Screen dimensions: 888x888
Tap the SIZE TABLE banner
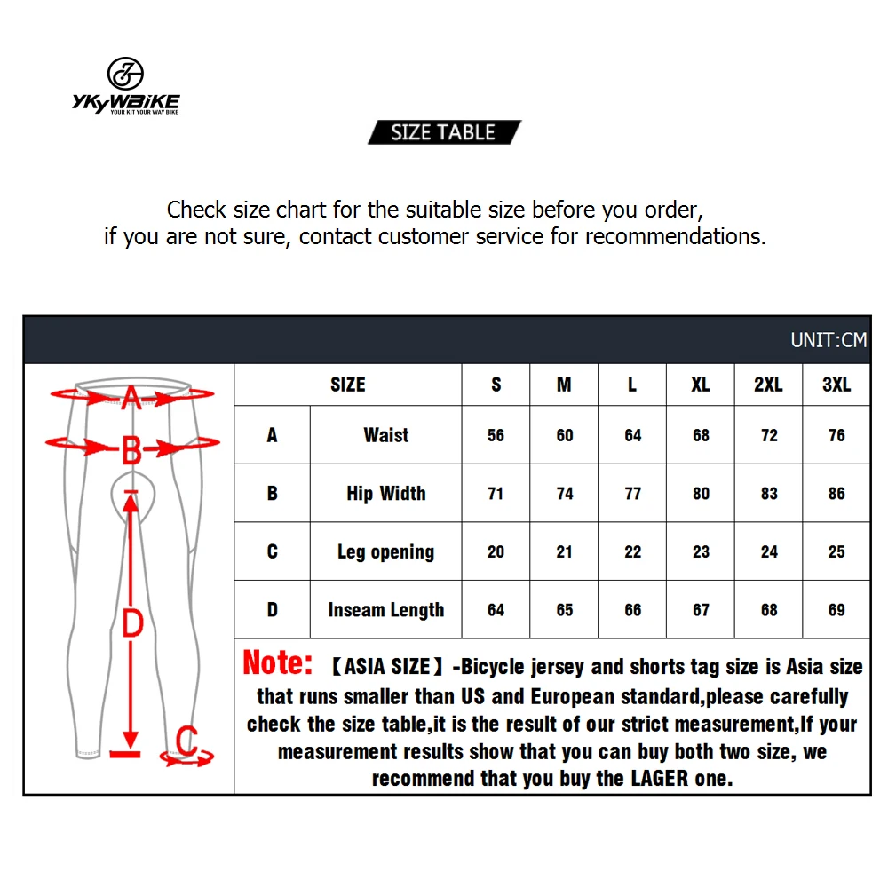click(x=443, y=132)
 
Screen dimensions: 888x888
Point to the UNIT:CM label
click(x=828, y=340)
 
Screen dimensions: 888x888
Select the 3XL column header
click(x=836, y=385)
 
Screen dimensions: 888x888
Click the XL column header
click(x=701, y=385)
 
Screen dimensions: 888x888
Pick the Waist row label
click(x=386, y=435)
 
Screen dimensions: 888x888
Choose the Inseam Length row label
click(x=386, y=610)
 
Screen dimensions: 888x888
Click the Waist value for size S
click(x=496, y=435)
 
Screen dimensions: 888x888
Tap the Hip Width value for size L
click(x=632, y=494)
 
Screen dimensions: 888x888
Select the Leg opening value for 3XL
click(x=836, y=552)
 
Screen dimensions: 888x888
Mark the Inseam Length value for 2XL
click(x=769, y=610)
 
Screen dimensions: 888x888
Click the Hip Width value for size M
click(x=565, y=494)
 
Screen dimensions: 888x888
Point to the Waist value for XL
click(x=701, y=435)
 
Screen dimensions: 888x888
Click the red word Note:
click(x=278, y=663)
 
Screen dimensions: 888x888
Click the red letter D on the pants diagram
click(x=132, y=623)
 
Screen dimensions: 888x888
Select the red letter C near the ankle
click(x=186, y=739)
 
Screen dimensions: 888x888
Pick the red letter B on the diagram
click(x=131, y=451)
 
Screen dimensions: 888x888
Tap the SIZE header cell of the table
click(x=347, y=385)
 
